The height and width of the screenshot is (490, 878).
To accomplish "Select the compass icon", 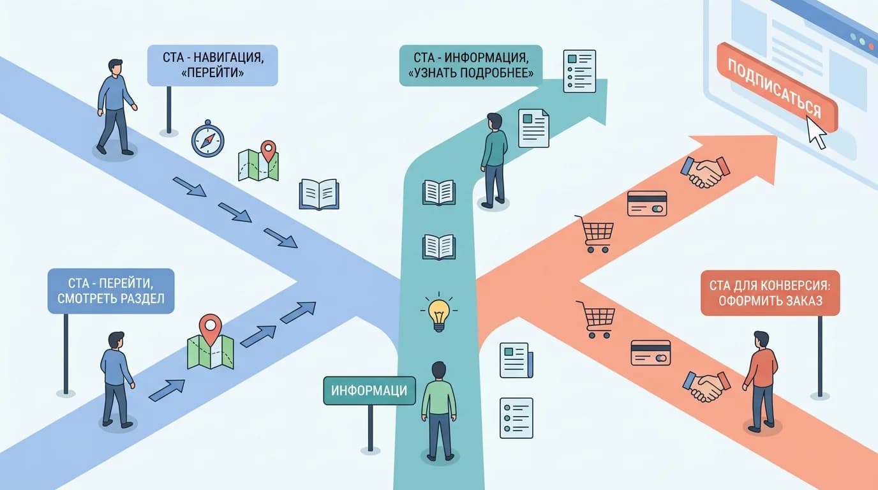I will click(x=208, y=139).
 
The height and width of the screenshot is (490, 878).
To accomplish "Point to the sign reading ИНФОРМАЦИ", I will click(x=369, y=390).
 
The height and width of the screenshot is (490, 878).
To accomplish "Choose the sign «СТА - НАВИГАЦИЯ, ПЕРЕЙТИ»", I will click(x=212, y=65).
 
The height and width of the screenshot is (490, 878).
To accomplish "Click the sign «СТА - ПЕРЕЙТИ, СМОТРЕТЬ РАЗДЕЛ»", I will click(x=111, y=290).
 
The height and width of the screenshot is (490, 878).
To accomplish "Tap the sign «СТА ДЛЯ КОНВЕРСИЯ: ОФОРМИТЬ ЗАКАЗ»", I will click(x=770, y=293).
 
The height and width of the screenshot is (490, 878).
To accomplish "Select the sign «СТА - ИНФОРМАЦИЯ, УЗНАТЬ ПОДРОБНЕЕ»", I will click(x=470, y=65).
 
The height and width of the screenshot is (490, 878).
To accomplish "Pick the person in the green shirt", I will click(x=439, y=408).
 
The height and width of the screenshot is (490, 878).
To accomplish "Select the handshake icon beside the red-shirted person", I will click(x=706, y=385).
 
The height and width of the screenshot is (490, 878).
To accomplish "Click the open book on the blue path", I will click(x=319, y=193).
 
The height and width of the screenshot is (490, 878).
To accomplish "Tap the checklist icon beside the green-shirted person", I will click(x=516, y=418).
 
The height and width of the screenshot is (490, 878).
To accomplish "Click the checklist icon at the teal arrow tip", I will click(x=579, y=71).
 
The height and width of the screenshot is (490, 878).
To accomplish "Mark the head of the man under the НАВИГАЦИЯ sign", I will click(x=115, y=67).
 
